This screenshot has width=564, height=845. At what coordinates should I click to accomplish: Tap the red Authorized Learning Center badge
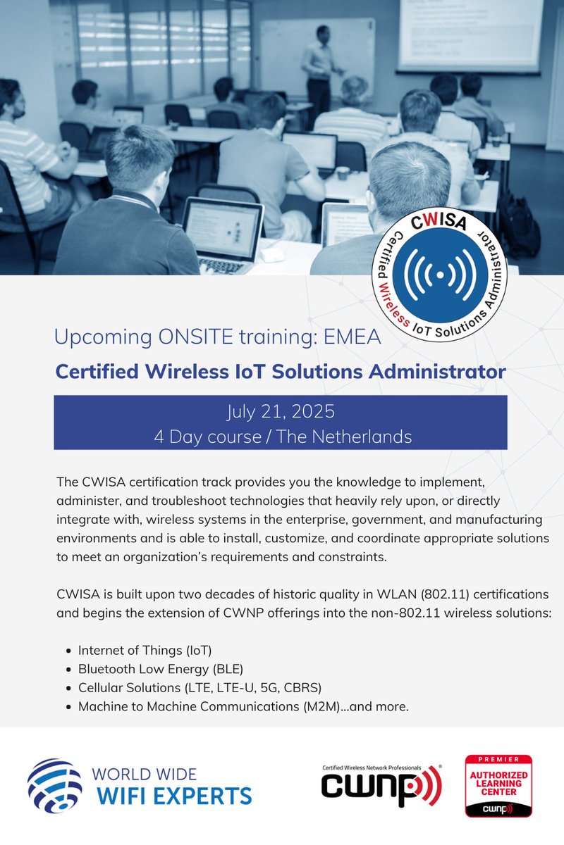498,785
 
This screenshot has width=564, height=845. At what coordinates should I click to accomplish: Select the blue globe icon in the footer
54,785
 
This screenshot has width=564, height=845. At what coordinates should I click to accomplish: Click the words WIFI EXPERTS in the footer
173,796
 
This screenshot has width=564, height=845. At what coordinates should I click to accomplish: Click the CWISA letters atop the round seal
431,224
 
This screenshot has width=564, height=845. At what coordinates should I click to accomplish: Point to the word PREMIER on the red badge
498,760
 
